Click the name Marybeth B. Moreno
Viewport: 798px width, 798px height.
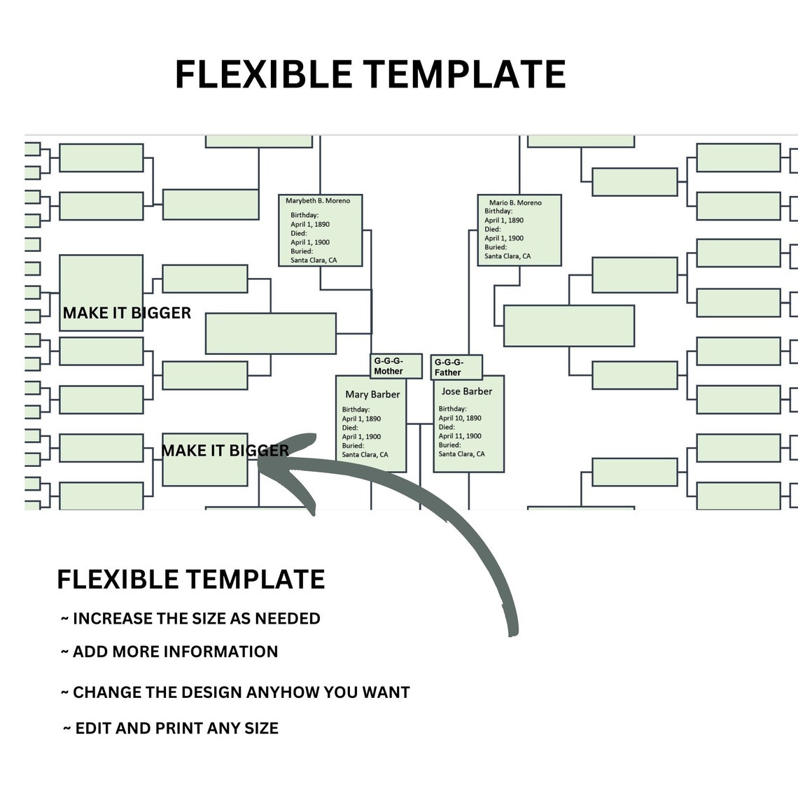pyautogui.click(x=318, y=201)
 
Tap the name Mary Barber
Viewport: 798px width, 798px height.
pyautogui.click(x=372, y=395)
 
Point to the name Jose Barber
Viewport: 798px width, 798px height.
pyautogui.click(x=467, y=391)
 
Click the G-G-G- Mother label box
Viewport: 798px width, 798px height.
pyautogui.click(x=395, y=365)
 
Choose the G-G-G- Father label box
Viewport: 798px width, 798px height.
pyautogui.click(x=456, y=367)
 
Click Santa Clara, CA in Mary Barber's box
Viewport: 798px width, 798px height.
pyautogui.click(x=365, y=455)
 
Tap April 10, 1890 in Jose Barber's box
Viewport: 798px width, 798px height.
pyautogui.click(x=460, y=418)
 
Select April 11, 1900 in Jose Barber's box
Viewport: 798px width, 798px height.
pyautogui.click(x=460, y=436)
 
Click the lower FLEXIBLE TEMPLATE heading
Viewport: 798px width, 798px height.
pyautogui.click(x=190, y=580)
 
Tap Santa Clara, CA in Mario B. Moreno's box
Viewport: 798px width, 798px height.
pyautogui.click(x=507, y=256)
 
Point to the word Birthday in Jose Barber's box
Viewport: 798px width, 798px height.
pyautogui.click(x=452, y=409)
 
